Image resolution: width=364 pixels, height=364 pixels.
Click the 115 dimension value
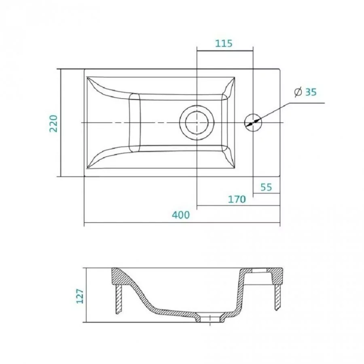[x=224, y=43]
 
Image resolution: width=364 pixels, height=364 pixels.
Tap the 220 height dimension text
[x=53, y=123]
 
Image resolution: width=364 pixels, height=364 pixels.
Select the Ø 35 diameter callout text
[x=305, y=92]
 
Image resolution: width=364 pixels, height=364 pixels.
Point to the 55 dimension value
[x=266, y=187]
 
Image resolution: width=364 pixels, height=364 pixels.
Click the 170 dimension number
[x=237, y=199]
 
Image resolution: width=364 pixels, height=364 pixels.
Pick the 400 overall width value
[x=181, y=215]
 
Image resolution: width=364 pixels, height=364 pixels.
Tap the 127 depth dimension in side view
[x=80, y=296]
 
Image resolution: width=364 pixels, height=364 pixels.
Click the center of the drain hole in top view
[x=197, y=122]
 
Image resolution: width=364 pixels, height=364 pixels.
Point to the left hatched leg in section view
[x=119, y=299]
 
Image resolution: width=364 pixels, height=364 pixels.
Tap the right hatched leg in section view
[x=277, y=297]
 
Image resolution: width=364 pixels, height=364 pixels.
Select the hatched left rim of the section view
[x=119, y=276]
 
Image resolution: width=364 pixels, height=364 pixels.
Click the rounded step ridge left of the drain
[x=135, y=123]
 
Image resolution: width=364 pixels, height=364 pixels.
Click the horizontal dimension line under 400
[x=182, y=223]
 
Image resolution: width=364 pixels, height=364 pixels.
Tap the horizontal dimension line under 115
[x=225, y=51]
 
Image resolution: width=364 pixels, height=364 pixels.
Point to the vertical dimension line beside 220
[x=61, y=123]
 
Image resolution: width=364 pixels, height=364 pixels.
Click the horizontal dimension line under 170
[x=238, y=205]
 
